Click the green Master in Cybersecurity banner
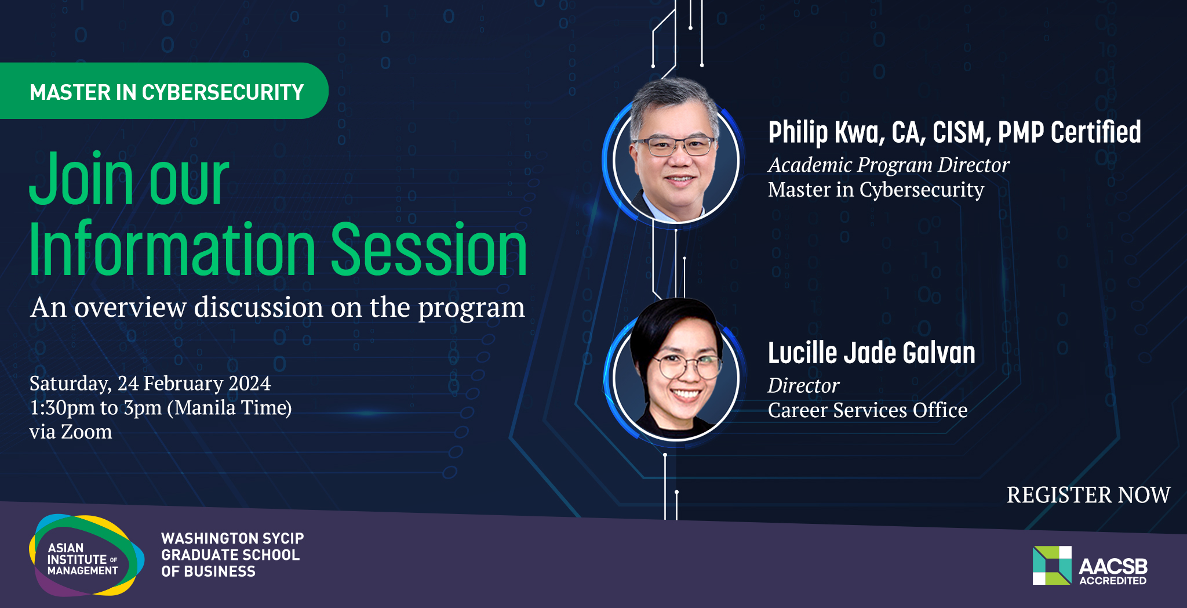click(164, 91)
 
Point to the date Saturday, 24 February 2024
click(150, 383)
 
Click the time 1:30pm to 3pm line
click(161, 408)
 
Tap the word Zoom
click(86, 432)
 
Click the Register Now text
click(1088, 495)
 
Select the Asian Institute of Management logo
click(86, 555)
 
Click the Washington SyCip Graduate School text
click(232, 555)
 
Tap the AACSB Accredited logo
click(1090, 566)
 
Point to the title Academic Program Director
click(889, 165)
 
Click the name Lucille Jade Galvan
click(872, 353)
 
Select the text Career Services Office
click(868, 410)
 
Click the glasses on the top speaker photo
click(675, 146)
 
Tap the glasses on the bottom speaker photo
click(688, 365)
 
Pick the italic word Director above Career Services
click(803, 386)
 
